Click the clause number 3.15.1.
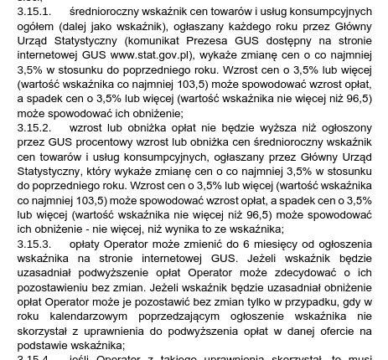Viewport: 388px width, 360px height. click(34, 12)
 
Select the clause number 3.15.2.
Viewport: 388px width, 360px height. click(34, 127)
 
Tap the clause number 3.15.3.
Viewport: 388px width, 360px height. click(34, 244)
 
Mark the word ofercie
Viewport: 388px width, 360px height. click(331, 331)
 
